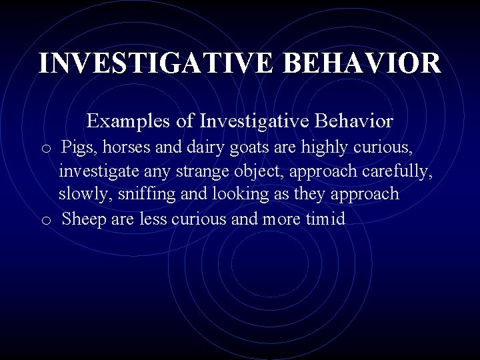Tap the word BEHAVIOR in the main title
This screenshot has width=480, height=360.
click(x=362, y=63)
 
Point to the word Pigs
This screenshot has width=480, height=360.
click(x=78, y=147)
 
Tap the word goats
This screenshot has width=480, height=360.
click(x=245, y=147)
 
